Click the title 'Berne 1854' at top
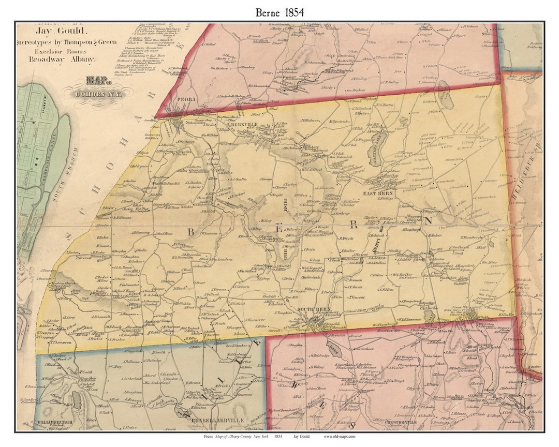tap(279, 11)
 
